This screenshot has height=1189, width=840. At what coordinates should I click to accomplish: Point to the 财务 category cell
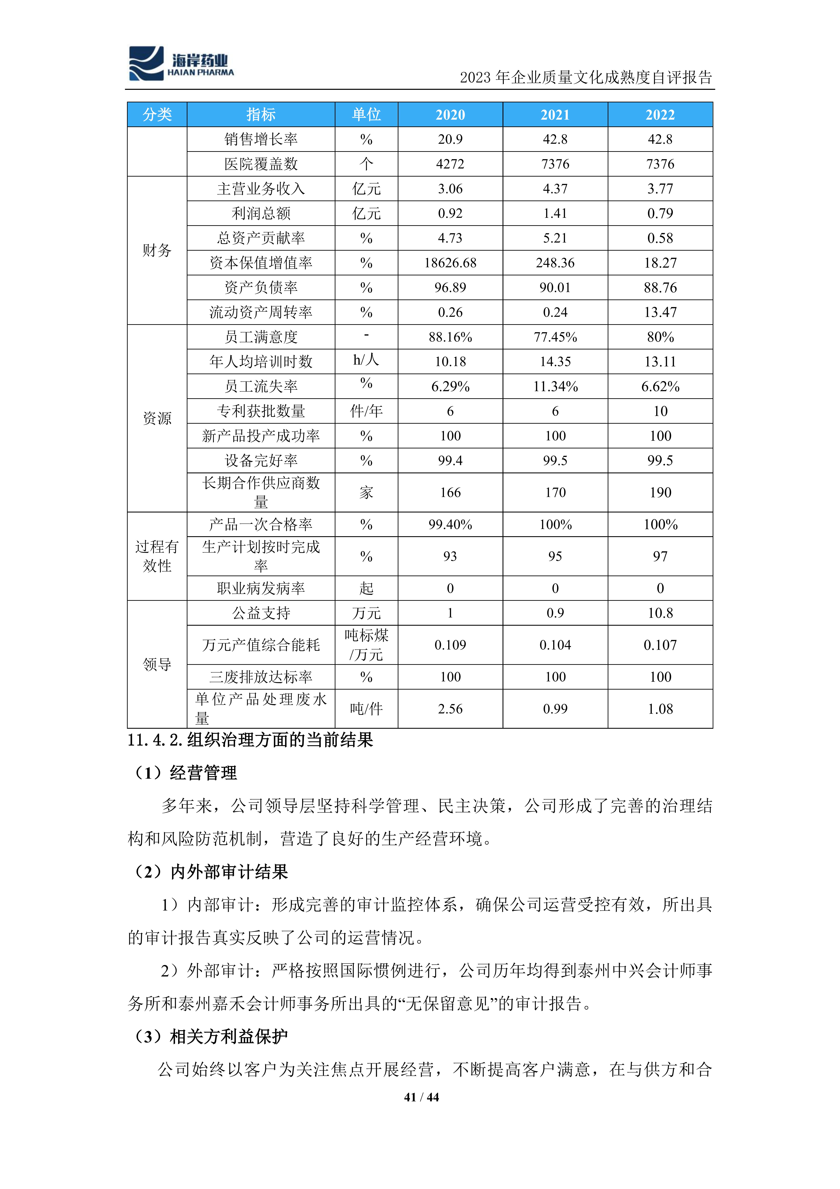(x=157, y=251)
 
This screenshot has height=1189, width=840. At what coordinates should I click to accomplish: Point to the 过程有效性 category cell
(x=157, y=556)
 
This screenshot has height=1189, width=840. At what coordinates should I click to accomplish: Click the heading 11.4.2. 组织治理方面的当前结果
(x=250, y=740)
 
